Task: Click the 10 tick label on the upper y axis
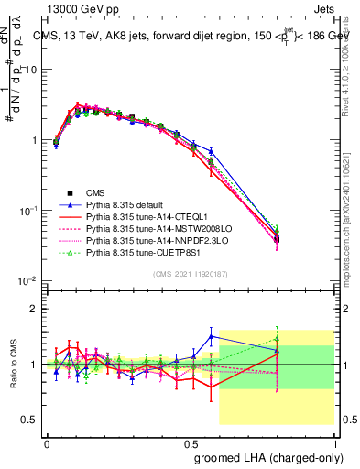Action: click(29, 70)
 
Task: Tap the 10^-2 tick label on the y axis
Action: click(27, 281)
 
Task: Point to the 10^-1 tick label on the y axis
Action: click(27, 211)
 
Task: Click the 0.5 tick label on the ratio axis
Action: click(28, 420)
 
